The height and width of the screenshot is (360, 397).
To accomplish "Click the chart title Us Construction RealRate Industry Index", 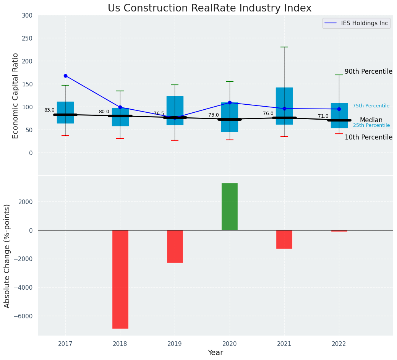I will tap(209, 8).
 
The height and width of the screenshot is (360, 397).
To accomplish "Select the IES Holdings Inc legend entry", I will tap(356, 23).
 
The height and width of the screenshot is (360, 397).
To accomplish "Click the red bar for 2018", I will tap(120, 279).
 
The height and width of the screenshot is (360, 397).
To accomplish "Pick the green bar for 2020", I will tap(229, 206).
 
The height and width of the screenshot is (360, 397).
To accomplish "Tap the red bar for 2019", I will tap(175, 246).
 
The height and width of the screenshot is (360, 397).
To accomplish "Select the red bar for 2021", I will tap(284, 239).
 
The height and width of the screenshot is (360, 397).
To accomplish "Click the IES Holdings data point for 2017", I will tap(65, 76).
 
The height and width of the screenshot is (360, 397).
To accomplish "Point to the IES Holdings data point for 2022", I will tap(339, 109).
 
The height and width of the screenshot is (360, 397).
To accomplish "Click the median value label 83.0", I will tap(49, 110).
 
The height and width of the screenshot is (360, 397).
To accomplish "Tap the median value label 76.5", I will tap(159, 114).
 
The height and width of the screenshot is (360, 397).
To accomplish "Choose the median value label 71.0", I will tap(323, 116).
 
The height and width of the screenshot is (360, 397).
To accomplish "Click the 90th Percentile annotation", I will tap(368, 71).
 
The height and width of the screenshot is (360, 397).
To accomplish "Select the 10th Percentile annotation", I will tap(368, 137).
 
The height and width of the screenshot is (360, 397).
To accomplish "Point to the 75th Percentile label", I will tap(371, 106).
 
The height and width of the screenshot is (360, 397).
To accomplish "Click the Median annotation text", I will tap(371, 120).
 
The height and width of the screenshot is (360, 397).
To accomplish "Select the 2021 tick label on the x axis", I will tap(284, 344).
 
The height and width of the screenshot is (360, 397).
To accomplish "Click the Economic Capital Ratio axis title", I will tap(16, 96).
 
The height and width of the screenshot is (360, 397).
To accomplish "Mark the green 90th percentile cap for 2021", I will tap(284, 47).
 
